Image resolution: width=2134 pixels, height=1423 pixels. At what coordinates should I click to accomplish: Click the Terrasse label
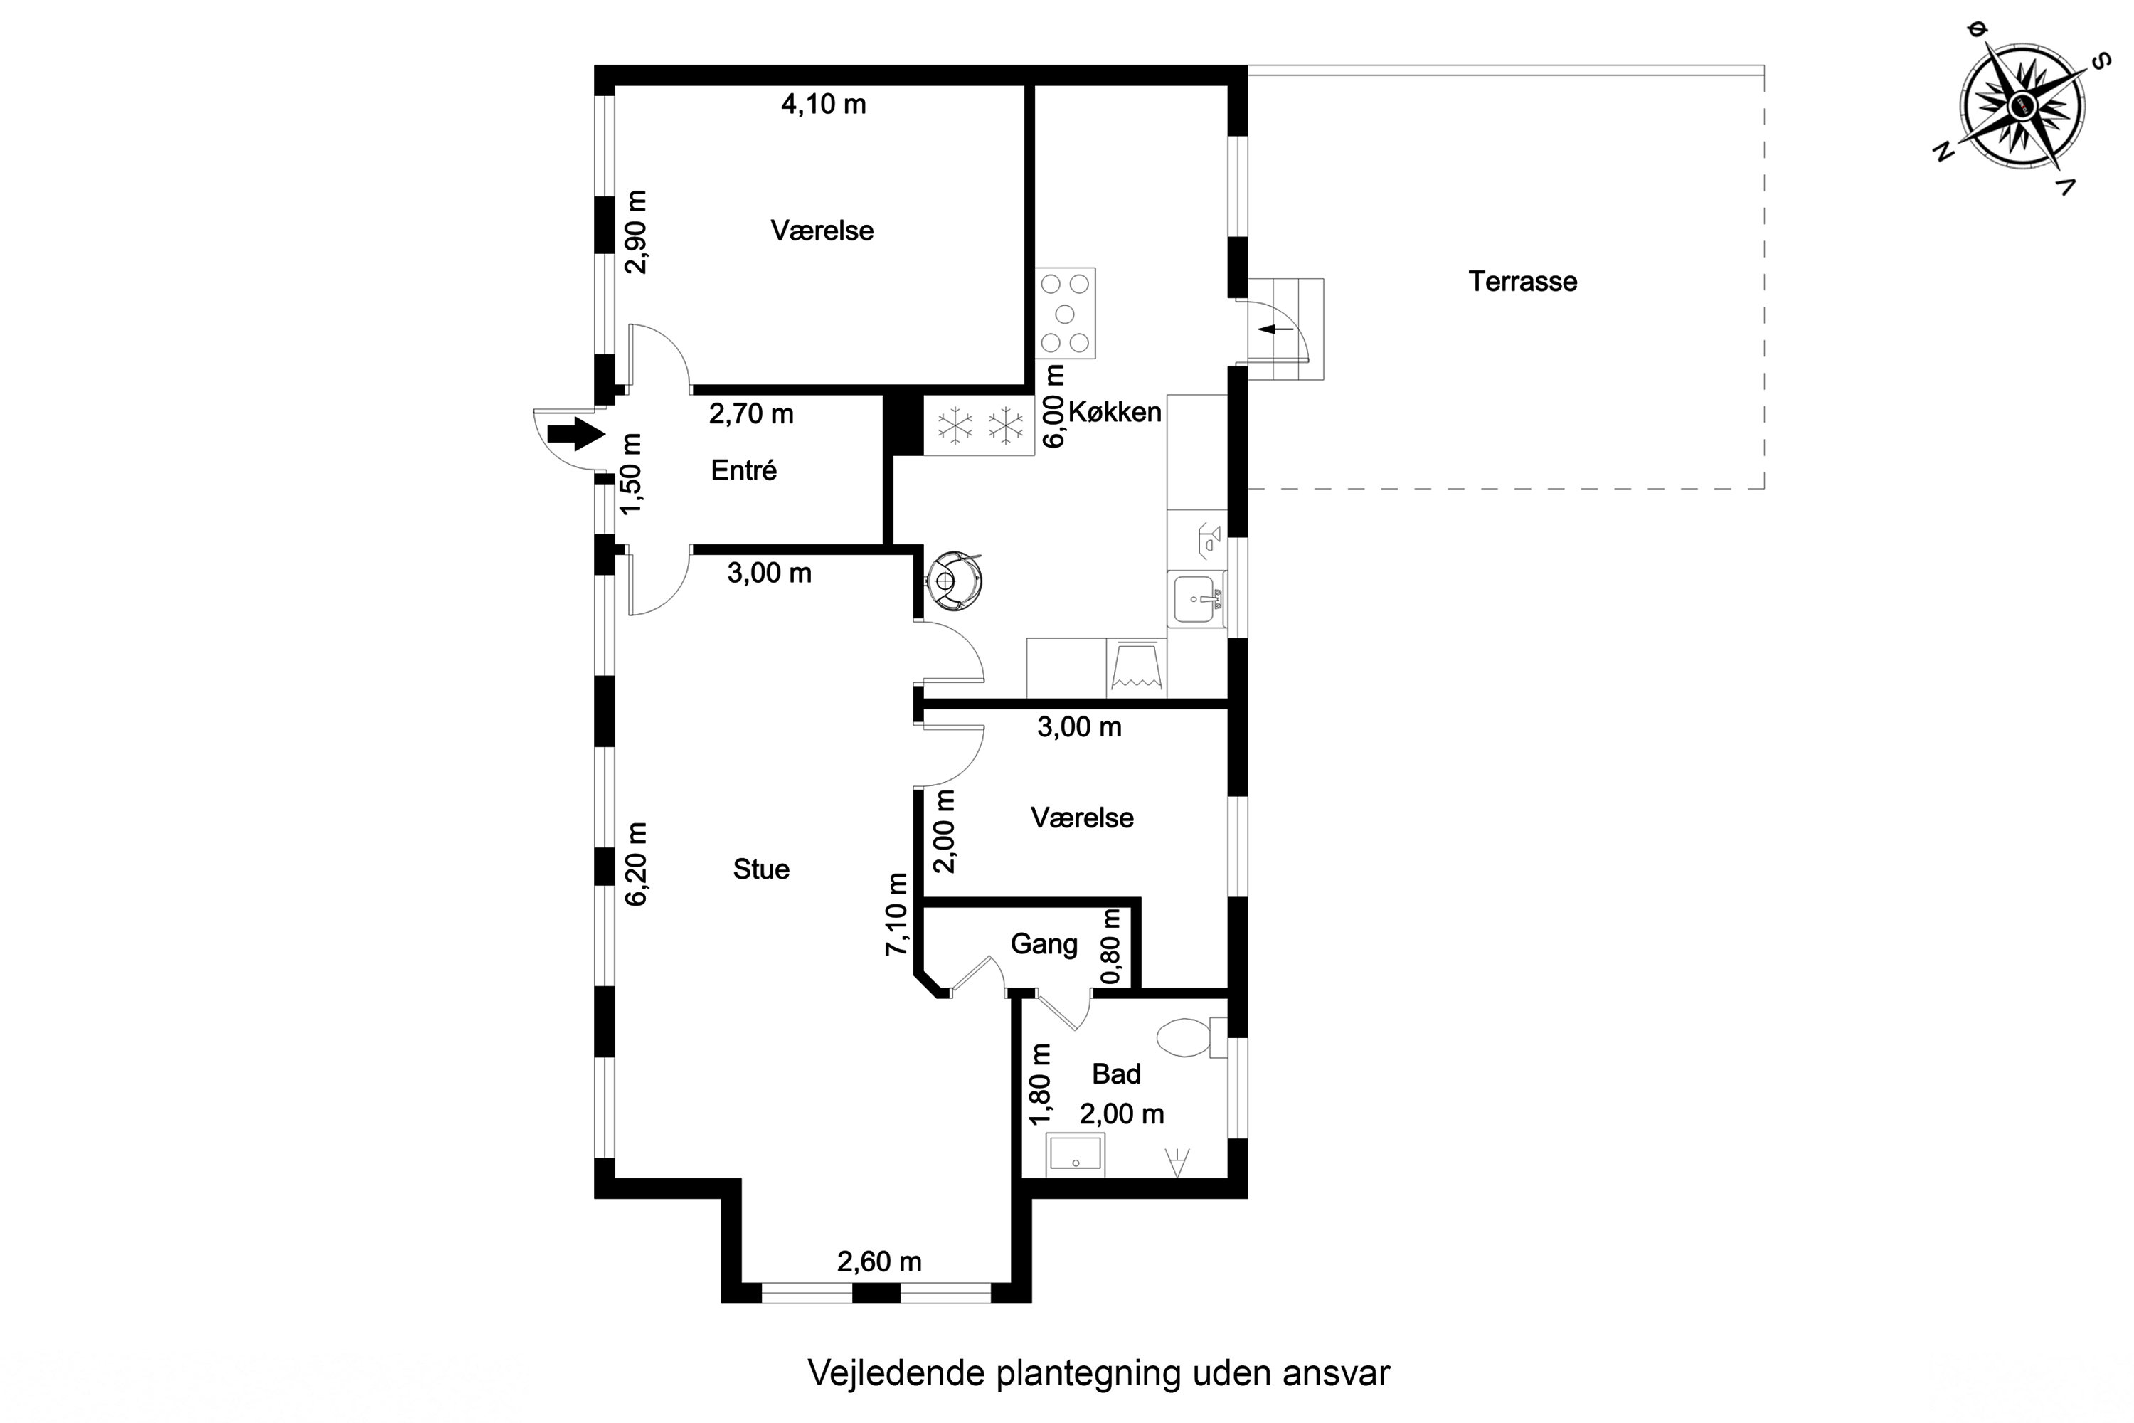point(1522,281)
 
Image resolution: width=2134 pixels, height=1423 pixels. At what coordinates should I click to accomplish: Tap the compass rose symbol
point(2022,107)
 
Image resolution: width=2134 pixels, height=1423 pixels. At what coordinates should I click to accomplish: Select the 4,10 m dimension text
point(824,105)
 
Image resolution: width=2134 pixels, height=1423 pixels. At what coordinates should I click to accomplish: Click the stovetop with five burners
point(1065,313)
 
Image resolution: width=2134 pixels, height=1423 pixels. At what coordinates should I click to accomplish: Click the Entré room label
point(744,470)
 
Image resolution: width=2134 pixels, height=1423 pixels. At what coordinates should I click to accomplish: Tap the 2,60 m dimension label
point(879,1261)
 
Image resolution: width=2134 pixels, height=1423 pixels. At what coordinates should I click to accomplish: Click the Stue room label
point(761,869)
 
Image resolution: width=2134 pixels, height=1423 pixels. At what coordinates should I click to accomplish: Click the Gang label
point(1044,944)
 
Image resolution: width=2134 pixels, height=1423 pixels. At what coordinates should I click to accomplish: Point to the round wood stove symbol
point(952,578)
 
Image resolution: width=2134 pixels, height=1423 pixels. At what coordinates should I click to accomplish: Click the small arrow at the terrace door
point(1278,329)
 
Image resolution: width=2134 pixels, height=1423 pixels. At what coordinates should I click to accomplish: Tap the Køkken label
point(1114,412)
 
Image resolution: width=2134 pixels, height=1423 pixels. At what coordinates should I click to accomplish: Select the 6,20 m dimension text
point(637,864)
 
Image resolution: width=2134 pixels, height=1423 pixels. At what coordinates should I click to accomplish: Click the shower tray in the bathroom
point(1075,1154)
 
